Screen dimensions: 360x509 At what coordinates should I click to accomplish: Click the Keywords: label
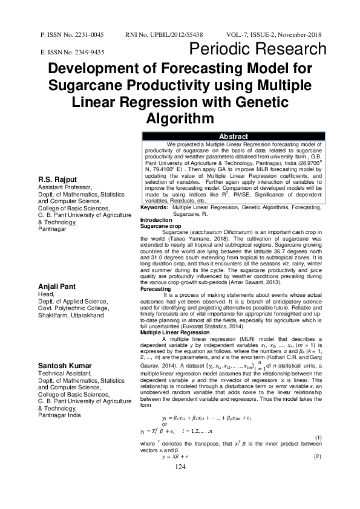[154, 207]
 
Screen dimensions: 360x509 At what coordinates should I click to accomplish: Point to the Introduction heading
[156, 219]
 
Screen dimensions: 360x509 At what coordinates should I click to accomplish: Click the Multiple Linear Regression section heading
[175, 333]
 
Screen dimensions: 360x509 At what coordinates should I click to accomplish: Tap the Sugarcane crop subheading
[160, 225]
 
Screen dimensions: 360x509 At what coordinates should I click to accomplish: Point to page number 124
[180, 484]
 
